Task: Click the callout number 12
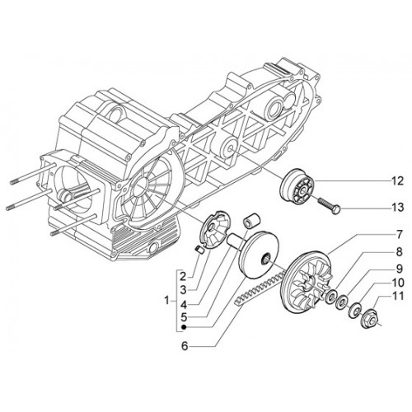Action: tap(397, 181)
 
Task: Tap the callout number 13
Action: tap(397, 207)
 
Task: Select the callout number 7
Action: tap(400, 235)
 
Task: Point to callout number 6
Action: tap(185, 346)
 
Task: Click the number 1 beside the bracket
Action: tap(167, 301)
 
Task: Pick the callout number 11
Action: tap(397, 297)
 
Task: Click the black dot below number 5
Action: tap(184, 327)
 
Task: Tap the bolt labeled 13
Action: tap(329, 207)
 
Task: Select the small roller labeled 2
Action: tap(199, 250)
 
